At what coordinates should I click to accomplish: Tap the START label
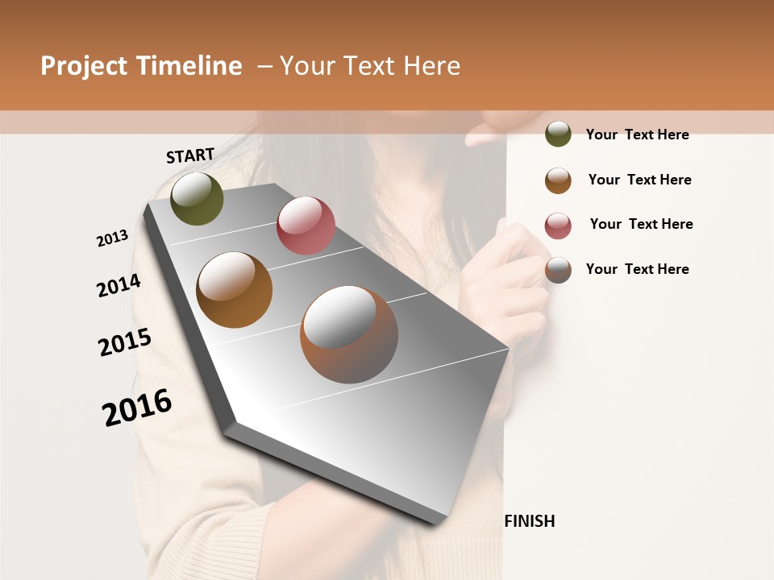coord(190,155)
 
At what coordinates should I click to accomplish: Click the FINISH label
coord(530,521)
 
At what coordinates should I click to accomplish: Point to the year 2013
coord(112,238)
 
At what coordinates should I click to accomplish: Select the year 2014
coord(119,285)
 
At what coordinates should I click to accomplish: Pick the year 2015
coord(125,342)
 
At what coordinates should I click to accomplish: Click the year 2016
coord(137,408)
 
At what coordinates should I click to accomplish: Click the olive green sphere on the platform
coord(197,198)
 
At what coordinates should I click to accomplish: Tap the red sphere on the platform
coord(306,225)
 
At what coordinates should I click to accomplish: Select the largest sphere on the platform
coord(349,333)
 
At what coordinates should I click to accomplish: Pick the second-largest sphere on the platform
coord(234,290)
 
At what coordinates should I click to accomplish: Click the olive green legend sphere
coord(558,134)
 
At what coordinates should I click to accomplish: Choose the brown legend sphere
coord(558,180)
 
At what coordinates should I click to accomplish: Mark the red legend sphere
coord(558,226)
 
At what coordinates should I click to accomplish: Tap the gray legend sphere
coord(558,270)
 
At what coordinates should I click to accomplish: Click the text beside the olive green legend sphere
coord(637,135)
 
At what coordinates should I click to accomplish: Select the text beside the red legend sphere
coord(641,224)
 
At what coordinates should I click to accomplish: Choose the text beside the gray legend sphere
coord(637,269)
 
